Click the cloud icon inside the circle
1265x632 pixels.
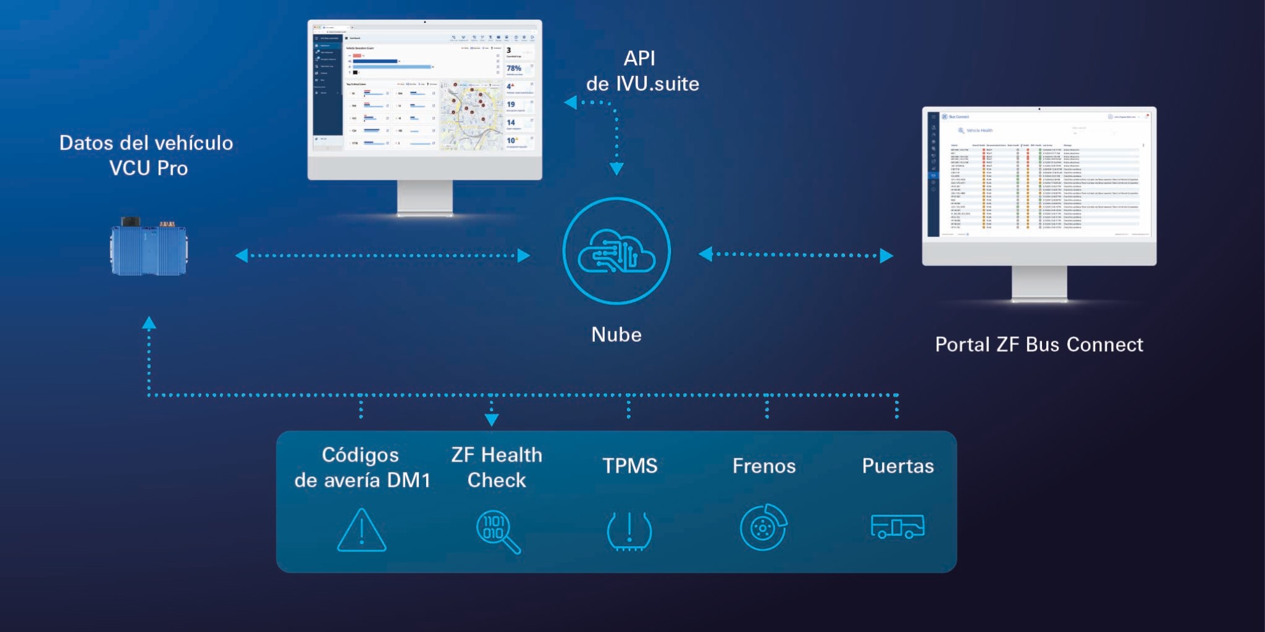coord(616,251)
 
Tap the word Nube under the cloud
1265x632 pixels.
coord(616,335)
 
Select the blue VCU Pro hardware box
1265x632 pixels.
coord(149,248)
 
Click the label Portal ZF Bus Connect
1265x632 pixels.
coord(1039,344)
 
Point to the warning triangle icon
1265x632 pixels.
coord(361,531)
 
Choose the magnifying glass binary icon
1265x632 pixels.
coord(497,531)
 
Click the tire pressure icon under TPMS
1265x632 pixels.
coord(629,531)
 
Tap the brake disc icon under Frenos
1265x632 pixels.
coord(763,528)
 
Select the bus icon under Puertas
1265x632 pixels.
coord(897,526)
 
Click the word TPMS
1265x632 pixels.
coord(629,465)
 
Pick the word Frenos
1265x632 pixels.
coord(764,466)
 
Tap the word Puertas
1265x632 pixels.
coord(897,466)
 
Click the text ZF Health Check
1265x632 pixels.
coord(497,467)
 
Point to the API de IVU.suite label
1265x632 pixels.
coord(642,71)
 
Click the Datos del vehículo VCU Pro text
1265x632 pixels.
coord(146,156)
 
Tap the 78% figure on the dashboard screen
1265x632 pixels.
coord(514,69)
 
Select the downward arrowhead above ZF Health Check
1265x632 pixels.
coord(492,420)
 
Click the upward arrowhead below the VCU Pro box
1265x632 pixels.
coord(149,323)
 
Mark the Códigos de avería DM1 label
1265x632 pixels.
coord(362,467)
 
